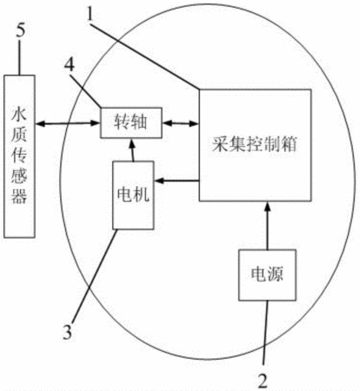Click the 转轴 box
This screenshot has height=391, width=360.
pyautogui.click(x=131, y=123)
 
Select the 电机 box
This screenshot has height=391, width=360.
pyautogui.click(x=133, y=195)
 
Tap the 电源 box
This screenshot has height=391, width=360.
pyautogui.click(x=267, y=275)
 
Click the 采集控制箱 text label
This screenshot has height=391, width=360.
pyautogui.click(x=255, y=143)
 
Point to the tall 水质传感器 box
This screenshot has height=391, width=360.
pyautogui.click(x=19, y=156)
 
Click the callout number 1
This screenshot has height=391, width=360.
pyautogui.click(x=90, y=14)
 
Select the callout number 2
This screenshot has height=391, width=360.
pyautogui.click(x=263, y=381)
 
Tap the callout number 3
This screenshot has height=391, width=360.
pyautogui.click(x=67, y=332)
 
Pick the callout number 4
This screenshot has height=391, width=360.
pyautogui.click(x=70, y=66)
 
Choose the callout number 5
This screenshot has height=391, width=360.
pyautogui.click(x=20, y=30)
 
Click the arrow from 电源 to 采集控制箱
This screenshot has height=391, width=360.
pyautogui.click(x=268, y=225)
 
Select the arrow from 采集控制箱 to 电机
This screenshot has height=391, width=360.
pyautogui.click(x=177, y=181)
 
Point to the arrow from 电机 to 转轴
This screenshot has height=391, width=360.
pyautogui.click(x=132, y=149)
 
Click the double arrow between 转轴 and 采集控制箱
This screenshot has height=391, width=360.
pyautogui.click(x=180, y=123)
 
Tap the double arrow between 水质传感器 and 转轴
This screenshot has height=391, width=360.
pyautogui.click(x=68, y=123)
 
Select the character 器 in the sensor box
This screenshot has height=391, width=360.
pyautogui.click(x=19, y=196)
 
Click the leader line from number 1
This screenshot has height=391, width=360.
pyautogui.click(x=145, y=56)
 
